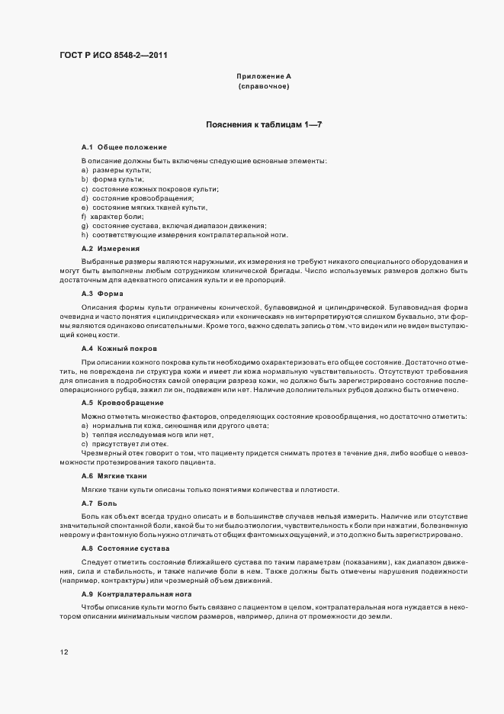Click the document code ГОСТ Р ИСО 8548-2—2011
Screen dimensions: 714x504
point(114,55)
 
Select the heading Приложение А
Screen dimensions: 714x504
point(264,76)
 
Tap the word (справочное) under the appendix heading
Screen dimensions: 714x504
point(264,87)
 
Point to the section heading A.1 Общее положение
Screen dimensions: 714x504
point(124,146)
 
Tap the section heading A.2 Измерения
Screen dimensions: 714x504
point(111,249)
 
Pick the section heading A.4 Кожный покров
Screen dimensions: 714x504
point(119,348)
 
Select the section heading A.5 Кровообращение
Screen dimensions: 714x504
point(122,401)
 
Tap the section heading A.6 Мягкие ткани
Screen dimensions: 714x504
point(114,476)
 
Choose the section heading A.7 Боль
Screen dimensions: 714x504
point(99,503)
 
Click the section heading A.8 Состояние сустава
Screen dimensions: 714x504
point(125,548)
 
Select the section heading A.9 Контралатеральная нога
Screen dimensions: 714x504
point(136,593)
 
